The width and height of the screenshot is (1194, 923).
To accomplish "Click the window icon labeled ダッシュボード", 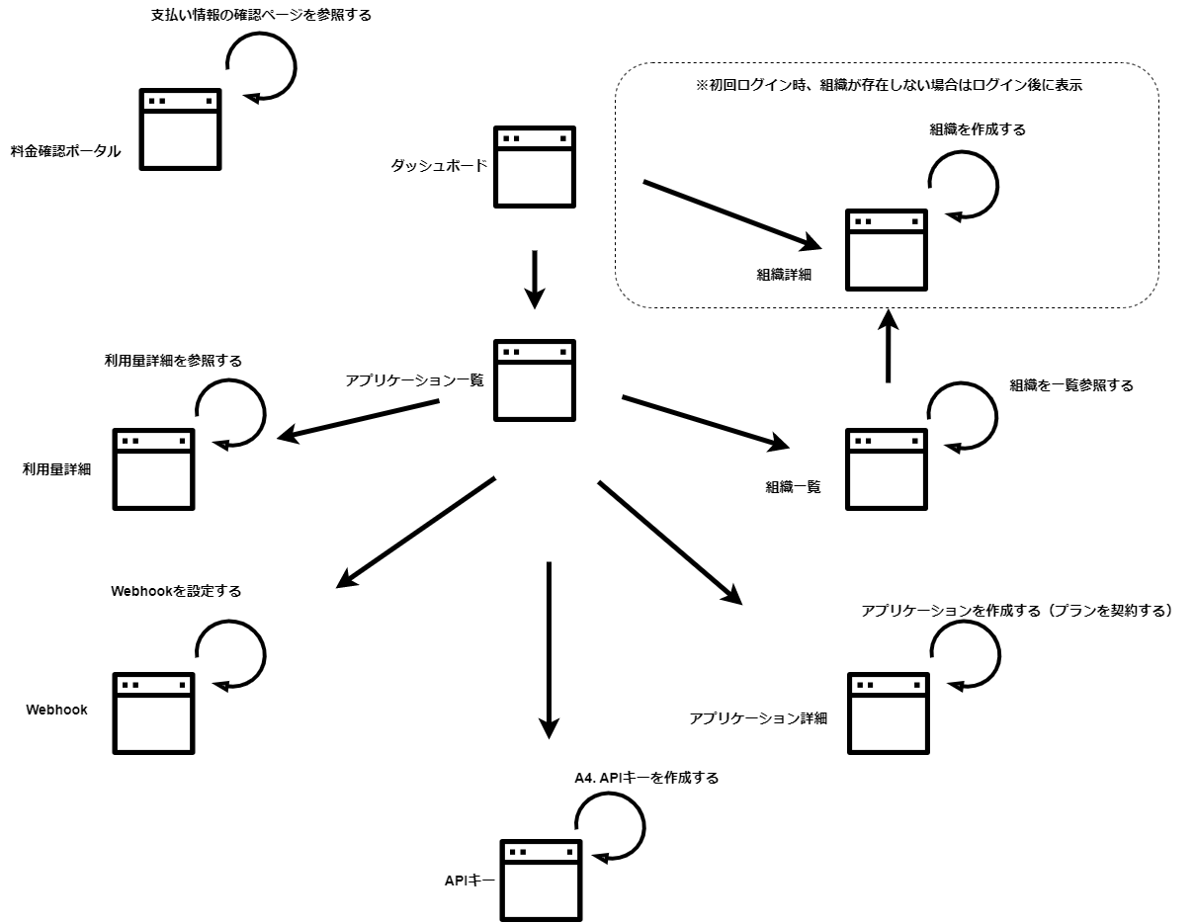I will (534, 167).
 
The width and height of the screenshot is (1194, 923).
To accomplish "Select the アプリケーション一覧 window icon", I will (534, 379).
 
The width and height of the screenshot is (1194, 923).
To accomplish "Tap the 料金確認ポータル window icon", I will (180, 128).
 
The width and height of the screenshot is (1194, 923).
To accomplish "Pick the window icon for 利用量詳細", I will (153, 468).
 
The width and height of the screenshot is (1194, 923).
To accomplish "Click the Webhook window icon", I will (153, 713).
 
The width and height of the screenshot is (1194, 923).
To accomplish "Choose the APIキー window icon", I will (541, 880).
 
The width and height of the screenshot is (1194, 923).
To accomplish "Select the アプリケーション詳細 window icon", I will (889, 713).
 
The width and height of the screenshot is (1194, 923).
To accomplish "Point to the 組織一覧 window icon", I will (887, 468).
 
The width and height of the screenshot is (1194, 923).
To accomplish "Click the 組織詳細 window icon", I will (887, 249).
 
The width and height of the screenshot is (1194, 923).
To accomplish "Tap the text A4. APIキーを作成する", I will (646, 778).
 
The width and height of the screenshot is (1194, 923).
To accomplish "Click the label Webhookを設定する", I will (176, 591).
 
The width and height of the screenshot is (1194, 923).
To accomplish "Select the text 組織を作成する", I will (978, 128).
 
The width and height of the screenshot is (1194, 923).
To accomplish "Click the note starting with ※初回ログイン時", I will (889, 85).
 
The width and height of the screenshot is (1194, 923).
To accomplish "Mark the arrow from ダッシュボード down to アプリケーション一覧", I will (534, 280).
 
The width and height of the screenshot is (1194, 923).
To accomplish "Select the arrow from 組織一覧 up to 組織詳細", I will (888, 346).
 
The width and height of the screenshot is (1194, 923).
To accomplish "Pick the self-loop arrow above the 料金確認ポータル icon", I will (262, 66).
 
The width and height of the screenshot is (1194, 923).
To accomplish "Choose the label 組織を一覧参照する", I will (1071, 385).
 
